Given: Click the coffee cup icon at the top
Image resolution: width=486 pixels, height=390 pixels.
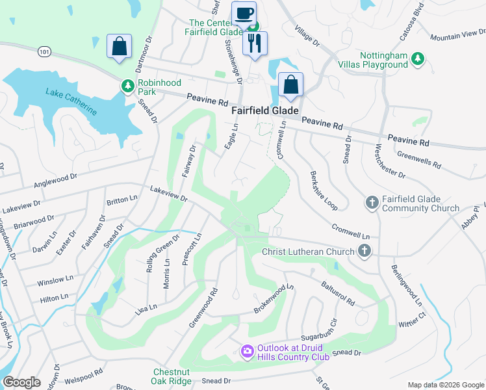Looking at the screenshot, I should point(244,13).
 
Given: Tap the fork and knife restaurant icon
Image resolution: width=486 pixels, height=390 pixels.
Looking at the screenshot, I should point(255,44).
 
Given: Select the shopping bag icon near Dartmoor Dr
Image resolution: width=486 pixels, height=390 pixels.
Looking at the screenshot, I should point(119,47).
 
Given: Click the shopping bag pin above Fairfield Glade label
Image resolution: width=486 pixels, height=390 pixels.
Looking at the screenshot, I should point(290,84).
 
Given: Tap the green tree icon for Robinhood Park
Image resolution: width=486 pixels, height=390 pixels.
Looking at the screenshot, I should point(128,85).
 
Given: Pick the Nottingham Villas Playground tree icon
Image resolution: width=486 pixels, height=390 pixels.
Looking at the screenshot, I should point(416,60).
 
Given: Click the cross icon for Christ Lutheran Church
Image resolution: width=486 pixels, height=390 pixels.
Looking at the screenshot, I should point(365,251).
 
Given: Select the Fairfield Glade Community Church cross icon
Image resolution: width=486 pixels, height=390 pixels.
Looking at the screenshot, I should point(372,203).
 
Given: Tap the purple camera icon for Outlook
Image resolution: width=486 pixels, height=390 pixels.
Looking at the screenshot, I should point(247,352).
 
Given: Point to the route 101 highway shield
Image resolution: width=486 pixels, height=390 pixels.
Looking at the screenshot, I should point(44,51).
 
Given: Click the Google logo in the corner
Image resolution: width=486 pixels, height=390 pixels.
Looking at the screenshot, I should point(21,382).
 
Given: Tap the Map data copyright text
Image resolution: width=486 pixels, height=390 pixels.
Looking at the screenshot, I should point(445,385).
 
